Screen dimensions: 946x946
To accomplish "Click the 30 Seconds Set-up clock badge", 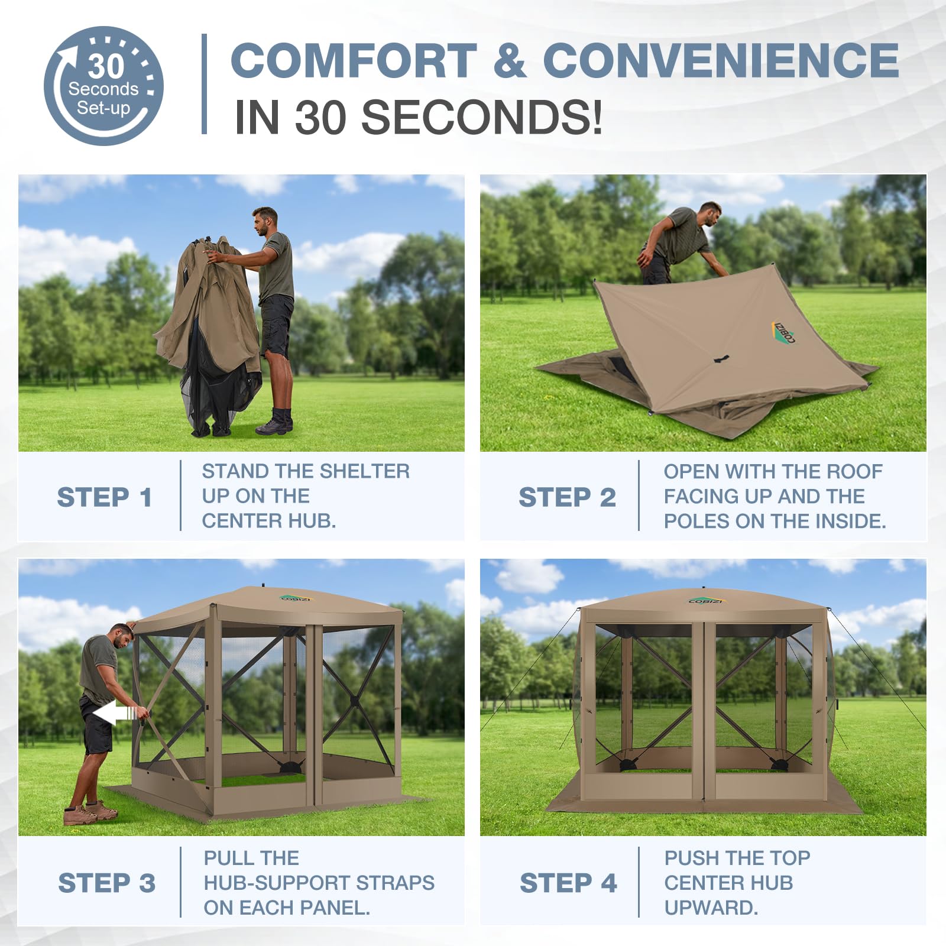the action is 103,86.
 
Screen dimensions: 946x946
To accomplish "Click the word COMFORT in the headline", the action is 354,60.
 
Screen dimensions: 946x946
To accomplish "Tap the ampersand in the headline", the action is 509,60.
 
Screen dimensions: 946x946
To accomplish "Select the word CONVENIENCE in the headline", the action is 721,60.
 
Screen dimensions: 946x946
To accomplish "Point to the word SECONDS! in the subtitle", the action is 482,116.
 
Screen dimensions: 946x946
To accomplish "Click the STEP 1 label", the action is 105,497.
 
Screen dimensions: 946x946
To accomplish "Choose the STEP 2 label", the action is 567,497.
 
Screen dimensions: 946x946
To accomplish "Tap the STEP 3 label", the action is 106,883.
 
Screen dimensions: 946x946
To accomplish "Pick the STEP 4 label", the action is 568,883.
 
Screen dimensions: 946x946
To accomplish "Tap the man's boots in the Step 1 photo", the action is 275,421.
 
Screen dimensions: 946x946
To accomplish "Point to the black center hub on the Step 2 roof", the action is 721,358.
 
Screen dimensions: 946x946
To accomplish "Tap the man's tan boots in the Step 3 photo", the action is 90,812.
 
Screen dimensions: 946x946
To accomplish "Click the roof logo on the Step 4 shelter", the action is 704,601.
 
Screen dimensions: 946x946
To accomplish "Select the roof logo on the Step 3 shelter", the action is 295,598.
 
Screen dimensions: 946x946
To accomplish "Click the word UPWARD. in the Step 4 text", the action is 711,908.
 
